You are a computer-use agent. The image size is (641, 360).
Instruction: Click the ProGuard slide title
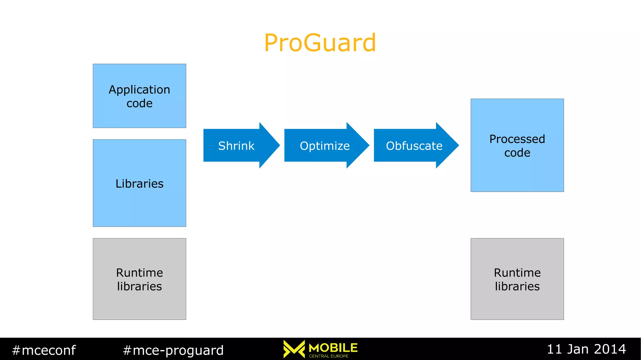[320, 43]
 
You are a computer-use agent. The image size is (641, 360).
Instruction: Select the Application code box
[139, 96]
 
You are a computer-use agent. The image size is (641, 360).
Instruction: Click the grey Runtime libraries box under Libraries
[139, 279]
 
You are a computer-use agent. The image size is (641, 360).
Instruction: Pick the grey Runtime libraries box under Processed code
[517, 279]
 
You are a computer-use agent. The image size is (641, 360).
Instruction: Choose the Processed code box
[517, 145]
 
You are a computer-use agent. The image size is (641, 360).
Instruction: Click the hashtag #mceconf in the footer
[44, 350]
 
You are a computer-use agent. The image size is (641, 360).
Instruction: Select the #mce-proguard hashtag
[173, 350]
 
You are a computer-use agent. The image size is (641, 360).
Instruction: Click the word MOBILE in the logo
[333, 348]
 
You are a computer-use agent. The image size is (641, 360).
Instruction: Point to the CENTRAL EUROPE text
[329, 356]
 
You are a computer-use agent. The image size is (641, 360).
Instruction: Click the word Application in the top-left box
[139, 90]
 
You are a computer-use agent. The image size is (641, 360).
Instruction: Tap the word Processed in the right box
[517, 139]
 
